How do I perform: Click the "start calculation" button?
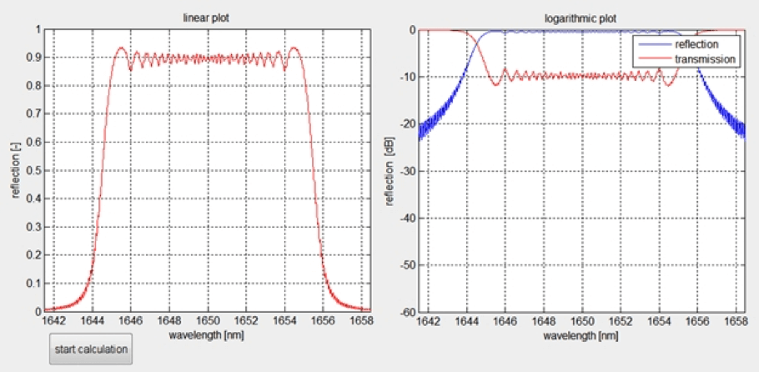coord(91,349)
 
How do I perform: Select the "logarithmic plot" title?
coord(583,18)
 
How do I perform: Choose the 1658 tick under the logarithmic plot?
coord(736,320)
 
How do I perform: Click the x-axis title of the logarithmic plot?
coord(583,334)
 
